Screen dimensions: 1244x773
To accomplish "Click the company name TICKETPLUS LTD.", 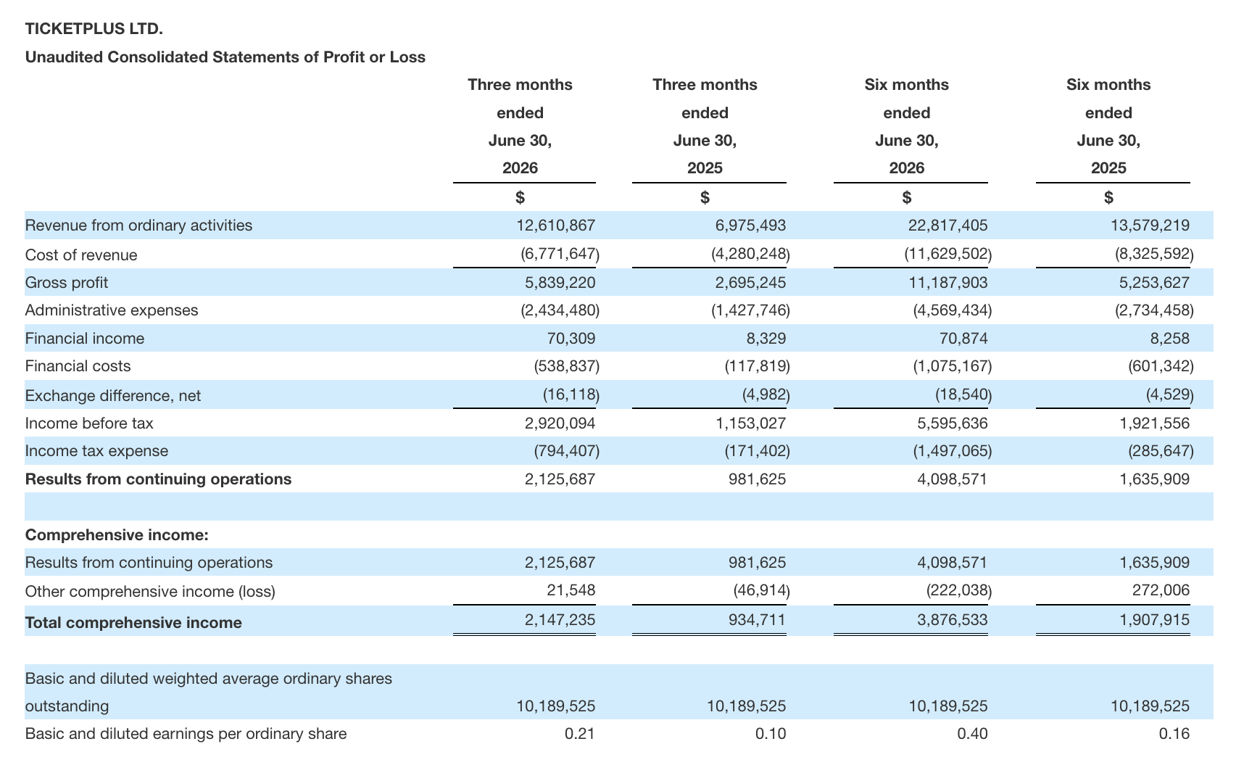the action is click(94, 29).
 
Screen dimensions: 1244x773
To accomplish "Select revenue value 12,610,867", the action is click(555, 226).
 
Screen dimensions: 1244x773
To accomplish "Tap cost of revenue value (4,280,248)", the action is click(750, 255).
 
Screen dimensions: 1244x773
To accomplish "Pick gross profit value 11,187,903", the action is click(947, 283).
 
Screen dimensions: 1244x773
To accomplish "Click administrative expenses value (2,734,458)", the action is click(1154, 310).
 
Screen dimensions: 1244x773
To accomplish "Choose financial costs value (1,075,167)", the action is click(952, 366).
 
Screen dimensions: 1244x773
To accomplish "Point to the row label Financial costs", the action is click(78, 366).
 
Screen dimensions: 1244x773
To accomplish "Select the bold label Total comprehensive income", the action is click(133, 623).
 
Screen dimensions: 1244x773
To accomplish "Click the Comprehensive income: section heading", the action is click(117, 535).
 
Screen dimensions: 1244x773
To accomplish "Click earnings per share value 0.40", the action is click(972, 734).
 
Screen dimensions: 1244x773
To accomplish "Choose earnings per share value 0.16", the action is click(1174, 734).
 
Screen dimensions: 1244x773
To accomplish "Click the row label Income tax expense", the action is click(96, 451).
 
